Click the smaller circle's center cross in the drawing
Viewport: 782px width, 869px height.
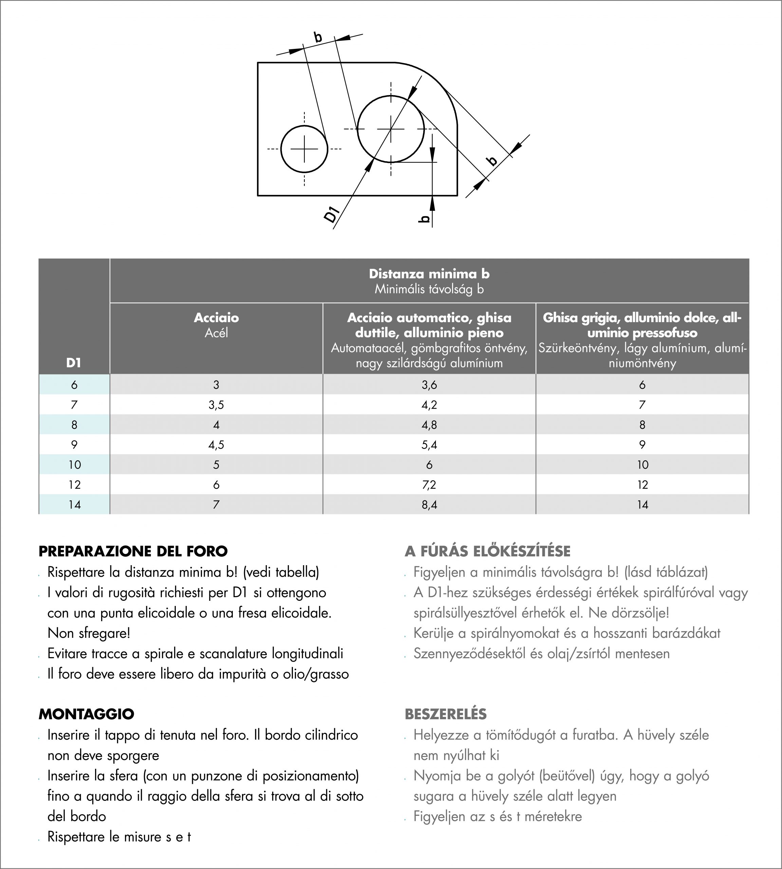[x=304, y=149]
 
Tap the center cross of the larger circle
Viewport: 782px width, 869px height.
[x=391, y=129]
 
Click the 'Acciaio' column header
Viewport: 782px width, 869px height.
[x=216, y=318]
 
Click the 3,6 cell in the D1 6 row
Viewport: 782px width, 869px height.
[x=429, y=385]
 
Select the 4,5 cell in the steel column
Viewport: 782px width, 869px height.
[x=216, y=445]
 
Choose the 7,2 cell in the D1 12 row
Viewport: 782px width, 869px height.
[x=429, y=485]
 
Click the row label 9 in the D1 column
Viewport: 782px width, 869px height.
[x=74, y=445]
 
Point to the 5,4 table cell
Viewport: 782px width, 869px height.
[x=429, y=445]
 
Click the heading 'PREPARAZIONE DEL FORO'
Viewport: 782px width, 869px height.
[x=133, y=551]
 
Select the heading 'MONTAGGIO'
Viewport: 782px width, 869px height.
[x=86, y=714]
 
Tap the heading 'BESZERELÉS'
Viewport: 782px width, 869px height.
[x=446, y=714]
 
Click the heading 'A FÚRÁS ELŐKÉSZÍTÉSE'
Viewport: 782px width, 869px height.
[x=488, y=551]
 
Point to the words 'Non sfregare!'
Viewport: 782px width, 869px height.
[x=89, y=633]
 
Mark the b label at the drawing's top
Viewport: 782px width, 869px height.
[x=318, y=37]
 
